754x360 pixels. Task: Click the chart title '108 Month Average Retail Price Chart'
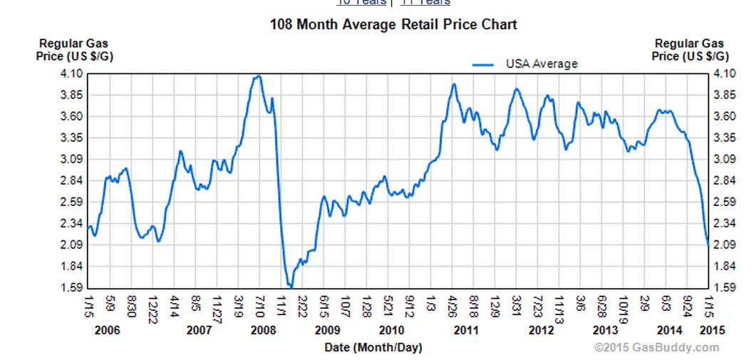(393, 24)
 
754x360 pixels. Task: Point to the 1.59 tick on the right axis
(725, 288)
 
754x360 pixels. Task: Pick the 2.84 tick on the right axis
(725, 180)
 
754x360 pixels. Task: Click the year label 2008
(264, 330)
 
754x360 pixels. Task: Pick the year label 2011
(466, 330)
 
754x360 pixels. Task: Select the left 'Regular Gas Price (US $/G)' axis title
(63, 50)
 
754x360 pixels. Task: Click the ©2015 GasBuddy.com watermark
(657, 347)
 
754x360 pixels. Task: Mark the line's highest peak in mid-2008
(258, 76)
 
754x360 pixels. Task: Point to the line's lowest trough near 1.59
(290, 287)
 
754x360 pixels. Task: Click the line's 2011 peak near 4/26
(454, 84)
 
